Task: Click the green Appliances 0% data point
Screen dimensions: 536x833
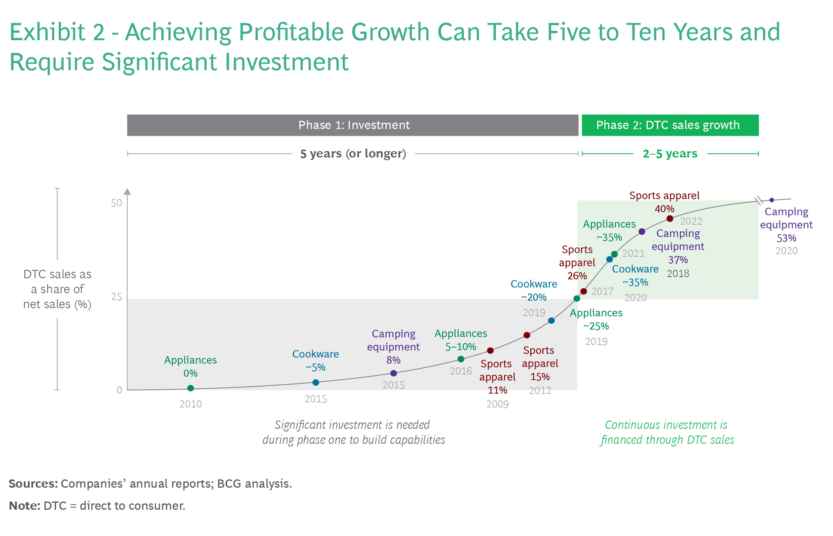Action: (190, 388)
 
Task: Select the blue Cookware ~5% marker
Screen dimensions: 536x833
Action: (316, 383)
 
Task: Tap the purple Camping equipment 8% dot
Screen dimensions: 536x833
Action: (394, 373)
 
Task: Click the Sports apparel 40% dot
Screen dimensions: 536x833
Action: (670, 219)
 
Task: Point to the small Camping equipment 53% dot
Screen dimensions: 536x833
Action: (772, 200)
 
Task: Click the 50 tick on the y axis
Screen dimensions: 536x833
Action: (117, 203)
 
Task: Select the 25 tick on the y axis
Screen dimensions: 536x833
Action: (117, 297)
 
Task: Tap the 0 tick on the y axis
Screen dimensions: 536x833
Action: (119, 390)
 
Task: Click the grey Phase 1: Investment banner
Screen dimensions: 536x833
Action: (353, 125)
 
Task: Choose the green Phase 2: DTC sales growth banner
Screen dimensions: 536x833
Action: (670, 125)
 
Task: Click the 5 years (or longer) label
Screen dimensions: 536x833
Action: (353, 153)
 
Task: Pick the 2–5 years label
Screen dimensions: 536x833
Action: (670, 153)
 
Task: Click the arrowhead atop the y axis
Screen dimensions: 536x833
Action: (127, 192)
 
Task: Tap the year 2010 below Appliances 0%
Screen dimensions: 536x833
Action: (190, 404)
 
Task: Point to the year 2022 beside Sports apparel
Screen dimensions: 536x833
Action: (691, 221)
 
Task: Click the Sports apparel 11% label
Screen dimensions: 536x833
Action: (497, 377)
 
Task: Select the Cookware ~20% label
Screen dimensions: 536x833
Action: (534, 291)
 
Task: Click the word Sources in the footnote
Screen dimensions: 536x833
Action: (33, 484)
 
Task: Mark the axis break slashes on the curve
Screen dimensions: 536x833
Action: (759, 200)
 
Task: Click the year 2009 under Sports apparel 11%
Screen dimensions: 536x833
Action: (497, 404)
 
